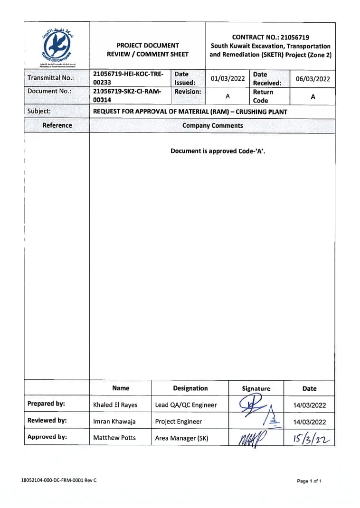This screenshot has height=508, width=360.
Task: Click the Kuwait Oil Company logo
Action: [57, 46]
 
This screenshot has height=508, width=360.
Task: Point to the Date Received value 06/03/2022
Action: [313, 79]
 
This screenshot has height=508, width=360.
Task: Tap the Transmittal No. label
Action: [49, 78]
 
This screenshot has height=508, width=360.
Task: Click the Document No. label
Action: [49, 91]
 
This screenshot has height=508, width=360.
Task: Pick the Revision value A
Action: [227, 96]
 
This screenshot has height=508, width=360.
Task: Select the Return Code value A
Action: [313, 96]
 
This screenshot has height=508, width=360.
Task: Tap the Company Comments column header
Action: [212, 126]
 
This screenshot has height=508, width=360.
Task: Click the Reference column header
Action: [57, 126]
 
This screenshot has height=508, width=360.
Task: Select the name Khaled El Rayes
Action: [115, 405]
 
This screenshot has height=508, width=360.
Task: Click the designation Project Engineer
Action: [179, 422]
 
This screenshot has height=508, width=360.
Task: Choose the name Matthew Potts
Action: [114, 438]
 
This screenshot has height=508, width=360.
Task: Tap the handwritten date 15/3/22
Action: [310, 437]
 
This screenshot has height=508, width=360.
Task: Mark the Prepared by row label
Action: [46, 404]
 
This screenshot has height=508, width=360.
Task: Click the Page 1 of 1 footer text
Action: [309, 481]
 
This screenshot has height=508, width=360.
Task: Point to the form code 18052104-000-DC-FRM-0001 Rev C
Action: [59, 480]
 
